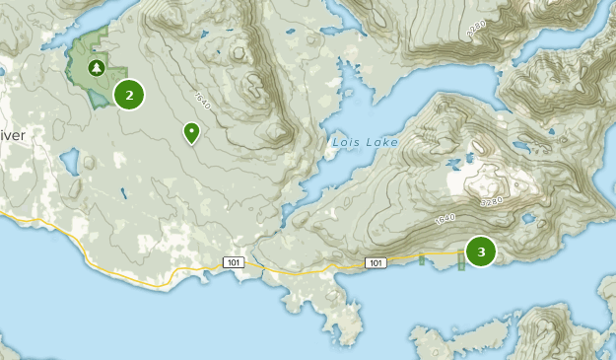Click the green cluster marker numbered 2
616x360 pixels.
click(129, 95)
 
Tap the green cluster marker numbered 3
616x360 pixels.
click(481, 252)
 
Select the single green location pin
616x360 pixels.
click(190, 132)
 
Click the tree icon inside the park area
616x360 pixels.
click(96, 68)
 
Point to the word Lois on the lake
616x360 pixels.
click(347, 142)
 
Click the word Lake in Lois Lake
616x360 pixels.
click(382, 142)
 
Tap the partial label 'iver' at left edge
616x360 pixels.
click(11, 134)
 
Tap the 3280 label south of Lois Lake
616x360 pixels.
click(490, 200)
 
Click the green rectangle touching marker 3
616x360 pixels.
click(460, 260)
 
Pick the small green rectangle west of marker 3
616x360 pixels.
click(421, 259)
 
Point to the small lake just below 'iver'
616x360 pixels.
click(69, 161)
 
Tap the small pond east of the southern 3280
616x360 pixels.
click(527, 218)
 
